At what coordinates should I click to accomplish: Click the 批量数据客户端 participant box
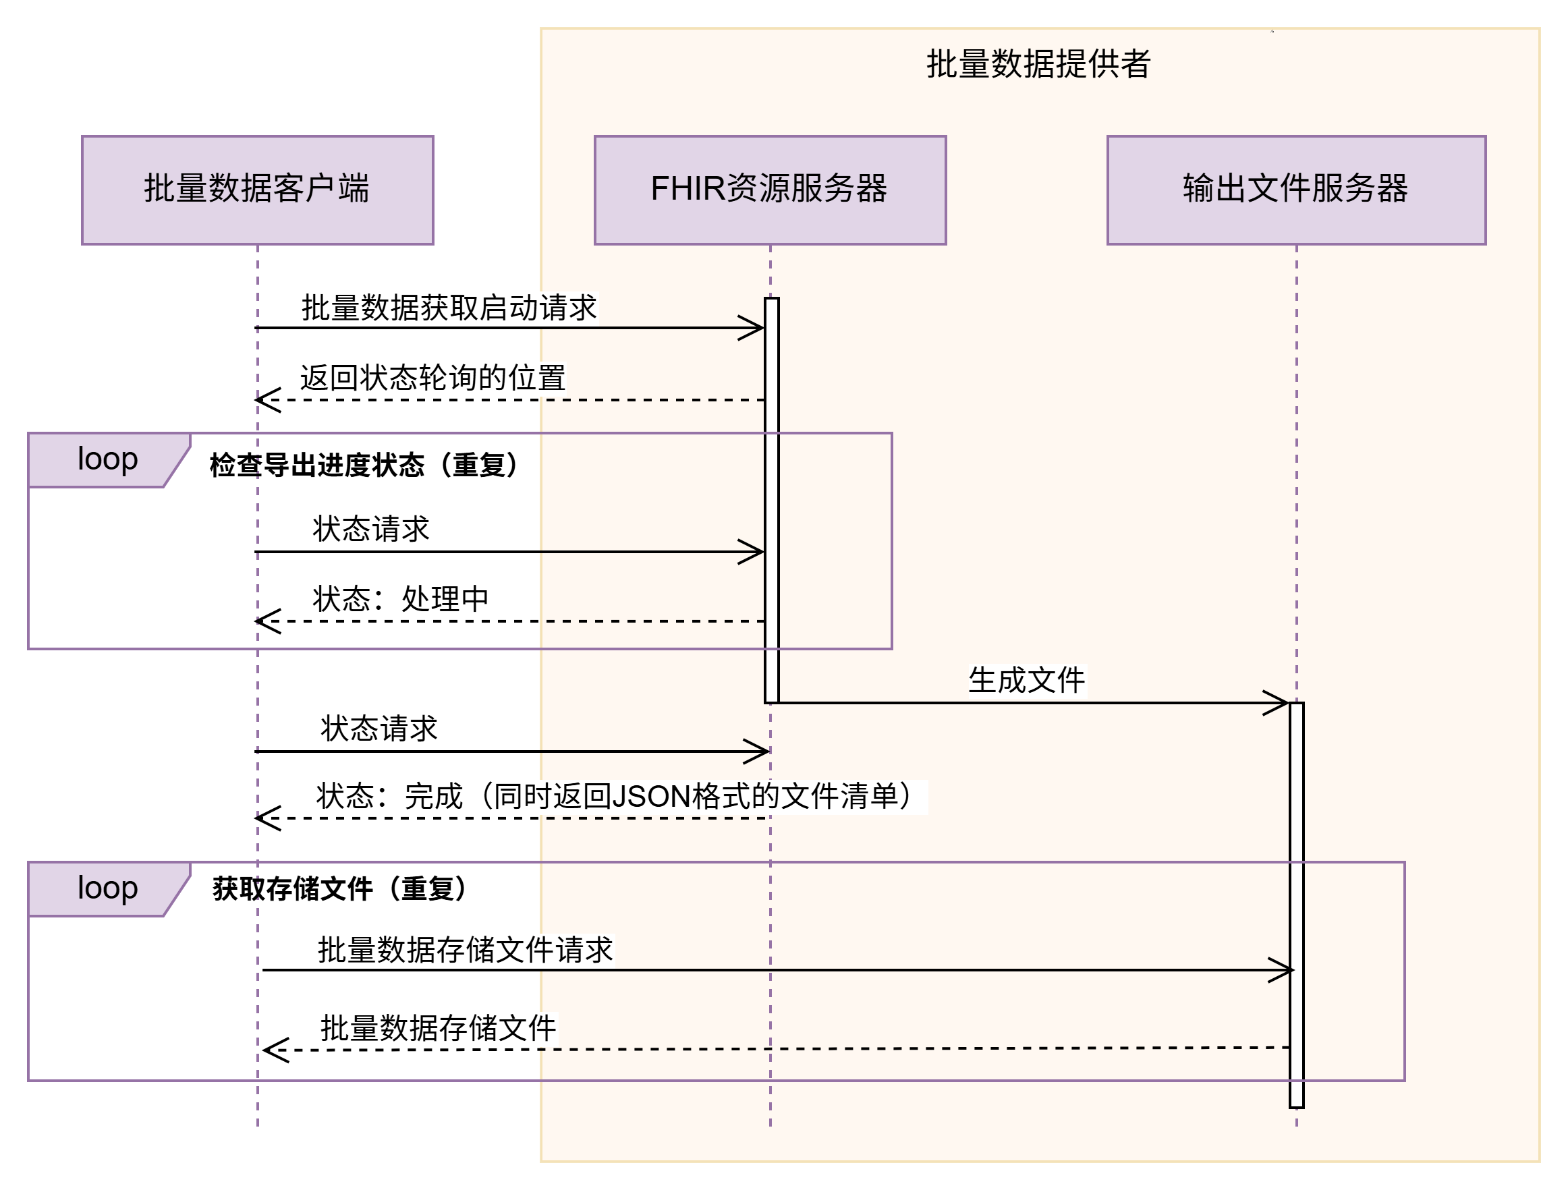point(257,190)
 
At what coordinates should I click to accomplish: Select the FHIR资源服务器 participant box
point(770,190)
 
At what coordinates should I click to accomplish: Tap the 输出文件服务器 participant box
point(1296,190)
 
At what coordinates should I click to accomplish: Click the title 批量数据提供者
point(1038,64)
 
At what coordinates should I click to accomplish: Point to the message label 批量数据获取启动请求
point(449,308)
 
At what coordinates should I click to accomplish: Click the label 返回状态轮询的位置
point(432,378)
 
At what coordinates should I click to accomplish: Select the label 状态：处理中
point(401,600)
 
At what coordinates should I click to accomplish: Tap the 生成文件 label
point(1027,681)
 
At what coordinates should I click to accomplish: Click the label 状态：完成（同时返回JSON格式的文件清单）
point(621,797)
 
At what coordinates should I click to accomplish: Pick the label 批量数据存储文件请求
point(465,951)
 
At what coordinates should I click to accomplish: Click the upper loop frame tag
point(108,459)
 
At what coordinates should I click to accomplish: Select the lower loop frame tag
point(108,888)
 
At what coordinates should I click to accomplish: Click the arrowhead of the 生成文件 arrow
point(1280,703)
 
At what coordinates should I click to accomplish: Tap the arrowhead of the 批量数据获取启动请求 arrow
point(756,327)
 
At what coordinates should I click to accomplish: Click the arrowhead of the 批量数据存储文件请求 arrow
point(1286,970)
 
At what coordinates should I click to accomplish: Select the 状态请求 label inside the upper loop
point(372,530)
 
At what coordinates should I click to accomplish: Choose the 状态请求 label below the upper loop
point(380,729)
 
